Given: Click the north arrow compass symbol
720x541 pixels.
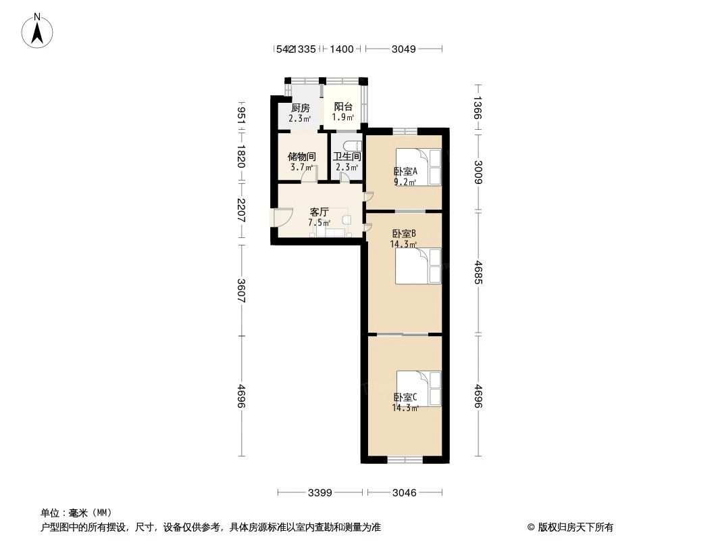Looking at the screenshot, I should [38, 30].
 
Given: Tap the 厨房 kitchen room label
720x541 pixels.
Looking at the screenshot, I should [300, 108].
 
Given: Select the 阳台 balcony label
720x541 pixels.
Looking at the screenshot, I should [343, 107].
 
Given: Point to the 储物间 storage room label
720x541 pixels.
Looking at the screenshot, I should [301, 157].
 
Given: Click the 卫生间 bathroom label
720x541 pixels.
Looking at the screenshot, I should [346, 157].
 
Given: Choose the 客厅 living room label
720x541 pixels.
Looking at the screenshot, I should [319, 212].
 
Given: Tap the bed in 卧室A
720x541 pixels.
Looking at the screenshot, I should [418, 166].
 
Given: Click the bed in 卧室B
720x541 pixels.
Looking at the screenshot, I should [418, 266].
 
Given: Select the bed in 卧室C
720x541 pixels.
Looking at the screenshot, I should [419, 388].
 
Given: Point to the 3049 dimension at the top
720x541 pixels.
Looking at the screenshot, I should [404, 49].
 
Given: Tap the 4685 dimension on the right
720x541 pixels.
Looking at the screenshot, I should [478, 273].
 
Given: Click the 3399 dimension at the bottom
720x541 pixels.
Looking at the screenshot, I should [319, 493].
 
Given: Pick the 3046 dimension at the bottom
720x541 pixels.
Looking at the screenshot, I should [404, 493].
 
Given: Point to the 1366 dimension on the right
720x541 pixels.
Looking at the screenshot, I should [478, 109].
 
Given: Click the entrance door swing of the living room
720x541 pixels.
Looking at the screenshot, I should [281, 217].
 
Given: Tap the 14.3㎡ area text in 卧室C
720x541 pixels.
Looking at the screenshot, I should [405, 408].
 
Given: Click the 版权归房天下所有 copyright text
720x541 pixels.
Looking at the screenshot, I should [570, 527].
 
